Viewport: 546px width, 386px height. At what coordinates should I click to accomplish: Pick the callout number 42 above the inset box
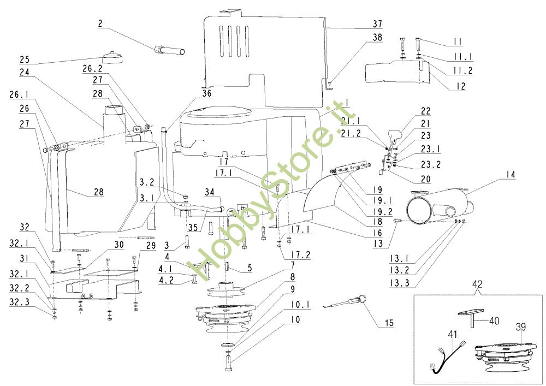pyautogui.click(x=477, y=284)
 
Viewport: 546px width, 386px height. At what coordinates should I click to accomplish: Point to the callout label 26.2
pyautogui.click(x=92, y=69)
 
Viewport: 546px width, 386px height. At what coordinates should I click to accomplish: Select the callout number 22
pyautogui.click(x=425, y=111)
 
